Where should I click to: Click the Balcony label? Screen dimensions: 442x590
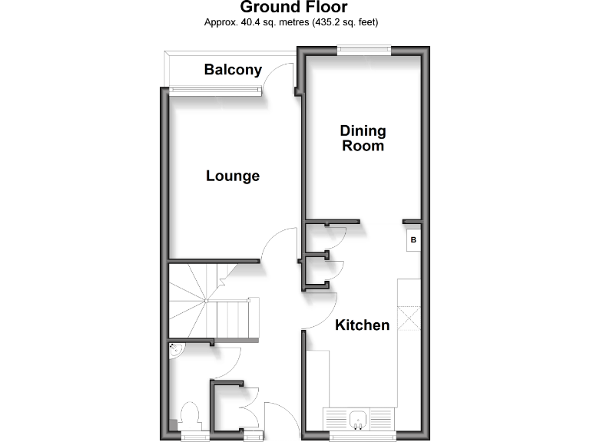click(233, 70)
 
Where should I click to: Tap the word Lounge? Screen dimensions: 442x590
click(233, 176)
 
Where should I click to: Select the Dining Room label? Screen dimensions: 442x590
click(363, 138)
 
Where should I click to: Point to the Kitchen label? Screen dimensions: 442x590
click(362, 325)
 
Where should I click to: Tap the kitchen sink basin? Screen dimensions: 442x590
click(357, 419)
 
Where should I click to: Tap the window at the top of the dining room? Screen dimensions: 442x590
click(363, 51)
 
